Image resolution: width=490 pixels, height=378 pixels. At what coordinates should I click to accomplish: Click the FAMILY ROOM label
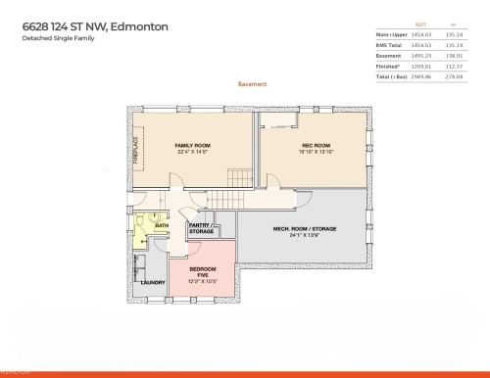click(192, 145)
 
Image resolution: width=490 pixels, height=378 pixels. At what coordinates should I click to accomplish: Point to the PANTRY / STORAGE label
click(201, 229)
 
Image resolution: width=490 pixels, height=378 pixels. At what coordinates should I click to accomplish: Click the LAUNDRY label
click(153, 283)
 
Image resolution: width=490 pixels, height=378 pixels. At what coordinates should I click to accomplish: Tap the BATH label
click(162, 226)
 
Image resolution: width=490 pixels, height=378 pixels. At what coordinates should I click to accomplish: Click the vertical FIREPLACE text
click(137, 149)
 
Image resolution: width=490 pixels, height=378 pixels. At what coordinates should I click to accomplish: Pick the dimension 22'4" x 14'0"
click(192, 152)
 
